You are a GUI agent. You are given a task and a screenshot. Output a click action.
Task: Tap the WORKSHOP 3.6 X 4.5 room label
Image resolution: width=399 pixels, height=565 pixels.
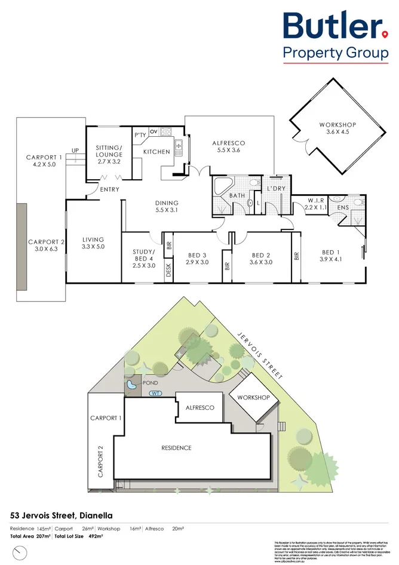pos(337,128)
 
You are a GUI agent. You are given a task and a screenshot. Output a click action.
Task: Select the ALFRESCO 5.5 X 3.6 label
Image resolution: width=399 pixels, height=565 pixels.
pos(229,147)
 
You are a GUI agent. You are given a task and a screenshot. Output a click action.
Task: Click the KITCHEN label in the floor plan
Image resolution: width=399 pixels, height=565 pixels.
pos(156,152)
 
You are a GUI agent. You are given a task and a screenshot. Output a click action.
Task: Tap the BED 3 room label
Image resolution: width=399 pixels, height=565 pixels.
pos(197,258)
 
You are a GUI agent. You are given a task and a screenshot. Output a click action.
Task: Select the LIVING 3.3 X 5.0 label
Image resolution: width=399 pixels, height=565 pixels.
pos(93,244)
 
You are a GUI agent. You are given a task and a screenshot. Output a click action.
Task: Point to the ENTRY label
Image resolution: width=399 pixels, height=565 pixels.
pos(110,189)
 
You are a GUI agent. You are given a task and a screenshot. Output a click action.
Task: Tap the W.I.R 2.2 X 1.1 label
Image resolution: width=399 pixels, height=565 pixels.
pos(315,204)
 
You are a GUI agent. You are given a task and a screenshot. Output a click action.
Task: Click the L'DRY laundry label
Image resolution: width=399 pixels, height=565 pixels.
pos(277,189)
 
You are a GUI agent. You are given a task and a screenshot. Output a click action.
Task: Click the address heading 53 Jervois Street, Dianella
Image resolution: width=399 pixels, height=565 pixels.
pos(61,515)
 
